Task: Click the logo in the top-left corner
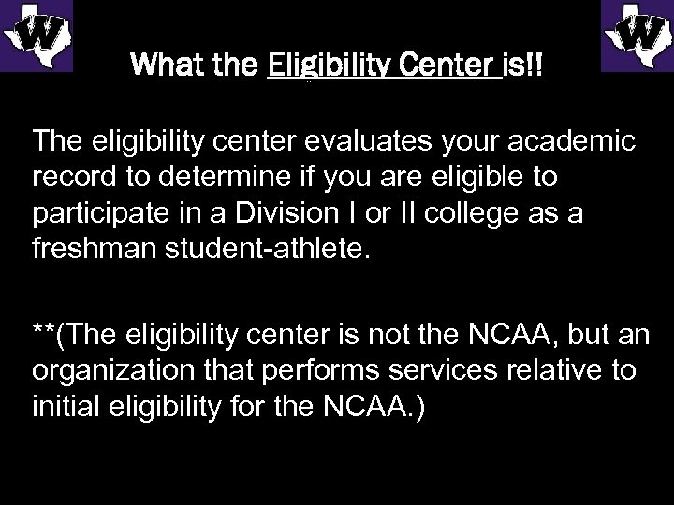tap(37, 35)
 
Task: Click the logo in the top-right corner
tap(637, 35)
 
